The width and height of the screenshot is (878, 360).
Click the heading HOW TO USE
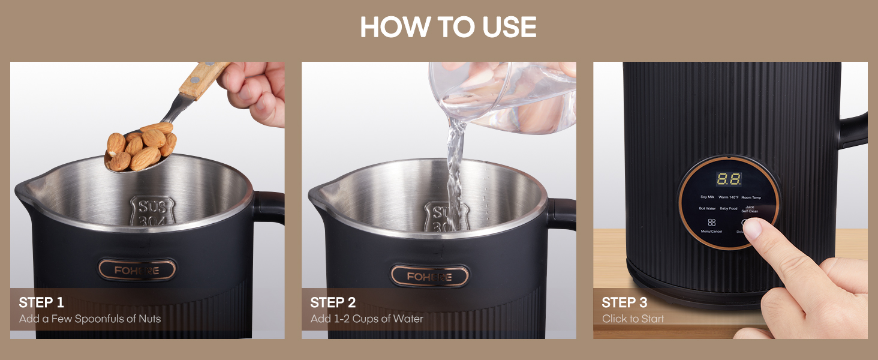[x=448, y=28]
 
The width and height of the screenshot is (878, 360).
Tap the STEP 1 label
[x=41, y=302]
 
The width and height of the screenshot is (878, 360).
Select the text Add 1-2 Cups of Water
[x=366, y=319]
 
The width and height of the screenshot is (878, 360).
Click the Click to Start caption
[x=633, y=319]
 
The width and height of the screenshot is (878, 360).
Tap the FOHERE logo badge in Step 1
[x=137, y=271]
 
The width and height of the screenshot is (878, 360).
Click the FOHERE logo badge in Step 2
[x=429, y=276]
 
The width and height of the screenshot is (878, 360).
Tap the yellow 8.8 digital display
[x=728, y=179]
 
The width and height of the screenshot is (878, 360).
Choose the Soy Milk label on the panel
[x=707, y=197]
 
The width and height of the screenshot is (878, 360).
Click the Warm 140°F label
[x=728, y=197]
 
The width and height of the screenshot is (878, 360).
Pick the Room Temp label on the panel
[x=751, y=197]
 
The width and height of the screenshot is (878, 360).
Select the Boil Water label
[x=707, y=209]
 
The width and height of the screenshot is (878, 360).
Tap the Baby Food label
[x=729, y=209]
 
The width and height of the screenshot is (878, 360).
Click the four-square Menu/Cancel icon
[x=711, y=222]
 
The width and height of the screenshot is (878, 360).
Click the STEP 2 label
[x=333, y=302]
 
